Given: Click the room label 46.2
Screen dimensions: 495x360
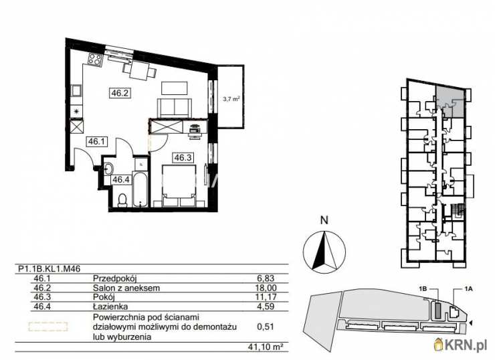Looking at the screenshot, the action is coord(120,93).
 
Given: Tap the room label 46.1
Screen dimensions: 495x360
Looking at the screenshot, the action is coord(96,141).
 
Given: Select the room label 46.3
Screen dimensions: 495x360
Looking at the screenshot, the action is coord(183,157).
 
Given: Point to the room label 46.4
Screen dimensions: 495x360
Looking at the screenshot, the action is coord(121,180).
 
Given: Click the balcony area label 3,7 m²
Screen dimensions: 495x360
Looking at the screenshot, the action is coord(231,98).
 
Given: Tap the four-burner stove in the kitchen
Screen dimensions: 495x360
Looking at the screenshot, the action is coord(95,59).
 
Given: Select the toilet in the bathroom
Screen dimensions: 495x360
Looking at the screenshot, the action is coord(122,201).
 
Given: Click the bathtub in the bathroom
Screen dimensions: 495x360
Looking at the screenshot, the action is coord(140,189).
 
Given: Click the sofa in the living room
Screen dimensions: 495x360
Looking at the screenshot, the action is coord(175,107).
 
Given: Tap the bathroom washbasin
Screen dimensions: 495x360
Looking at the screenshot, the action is coord(107,169).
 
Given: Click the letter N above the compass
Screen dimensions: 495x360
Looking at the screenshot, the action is coord(324,220).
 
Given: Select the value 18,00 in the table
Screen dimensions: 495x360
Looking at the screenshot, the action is coord(266,288).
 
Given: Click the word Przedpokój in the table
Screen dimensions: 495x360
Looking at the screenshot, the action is coord(114,278).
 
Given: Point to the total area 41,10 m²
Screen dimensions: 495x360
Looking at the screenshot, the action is coord(265,347).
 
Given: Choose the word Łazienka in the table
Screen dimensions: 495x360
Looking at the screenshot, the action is coord(110,306).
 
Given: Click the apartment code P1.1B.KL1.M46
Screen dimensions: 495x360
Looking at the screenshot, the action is coord(49,269).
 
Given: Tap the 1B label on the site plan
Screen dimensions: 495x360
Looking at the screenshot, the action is coord(423,288).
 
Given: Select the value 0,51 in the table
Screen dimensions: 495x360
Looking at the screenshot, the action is coord(266,327).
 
